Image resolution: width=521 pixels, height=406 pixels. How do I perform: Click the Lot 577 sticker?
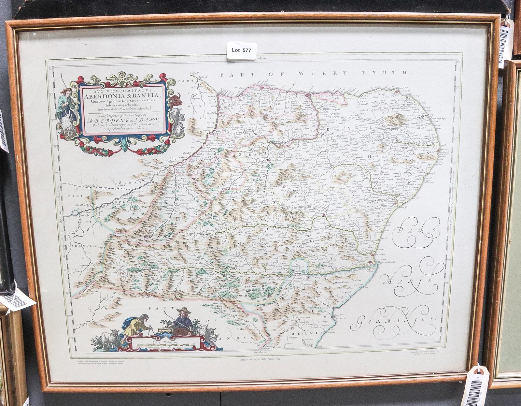[x=241, y=51]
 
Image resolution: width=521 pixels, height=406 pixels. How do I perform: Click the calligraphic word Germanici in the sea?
[x=392, y=321]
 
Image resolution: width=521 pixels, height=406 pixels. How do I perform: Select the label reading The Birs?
[x=251, y=287]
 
